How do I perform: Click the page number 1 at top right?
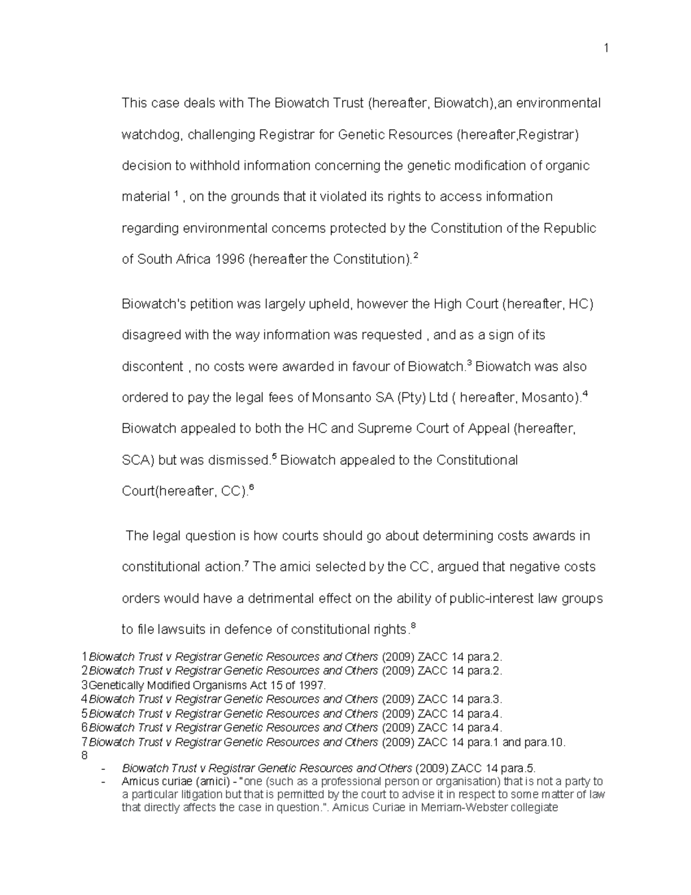pyautogui.click(x=606, y=48)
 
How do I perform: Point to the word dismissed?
pyautogui.click(x=240, y=460)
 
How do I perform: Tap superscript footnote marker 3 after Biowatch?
pyautogui.click(x=469, y=363)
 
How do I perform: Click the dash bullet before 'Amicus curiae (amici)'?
pyautogui.click(x=103, y=782)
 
